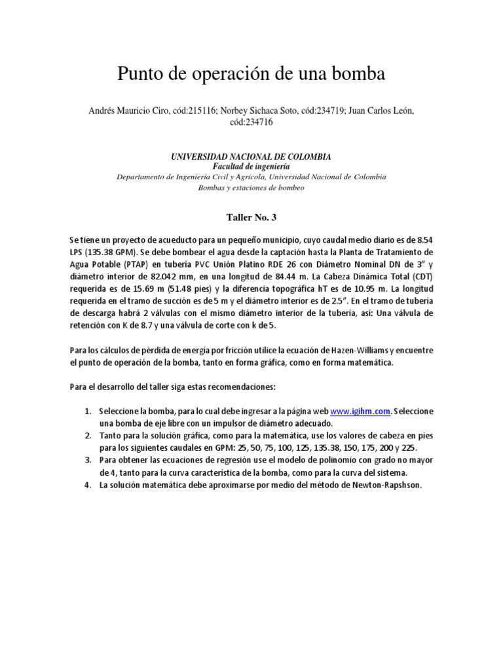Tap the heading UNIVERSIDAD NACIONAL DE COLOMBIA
(x=251, y=157)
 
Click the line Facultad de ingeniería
(x=251, y=166)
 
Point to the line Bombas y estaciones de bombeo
(x=251, y=188)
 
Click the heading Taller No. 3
(x=251, y=215)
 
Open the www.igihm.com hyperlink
(x=360, y=411)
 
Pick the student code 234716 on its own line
(x=251, y=122)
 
